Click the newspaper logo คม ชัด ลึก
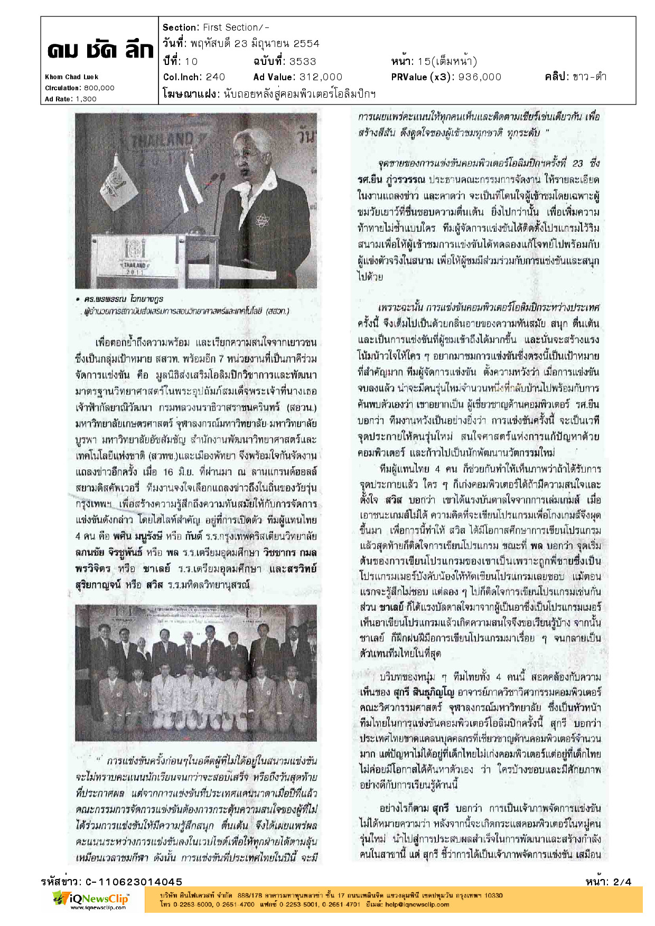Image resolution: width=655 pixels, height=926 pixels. coord(100,51)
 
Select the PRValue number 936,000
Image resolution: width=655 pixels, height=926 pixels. coord(480,77)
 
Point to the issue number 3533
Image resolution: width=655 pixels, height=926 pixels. coord(303,61)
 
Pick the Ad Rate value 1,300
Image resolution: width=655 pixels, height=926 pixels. coord(86,99)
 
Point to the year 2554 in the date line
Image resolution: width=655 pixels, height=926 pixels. coord(306,44)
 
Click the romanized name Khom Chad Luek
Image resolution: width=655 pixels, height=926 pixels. coord(71,77)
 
